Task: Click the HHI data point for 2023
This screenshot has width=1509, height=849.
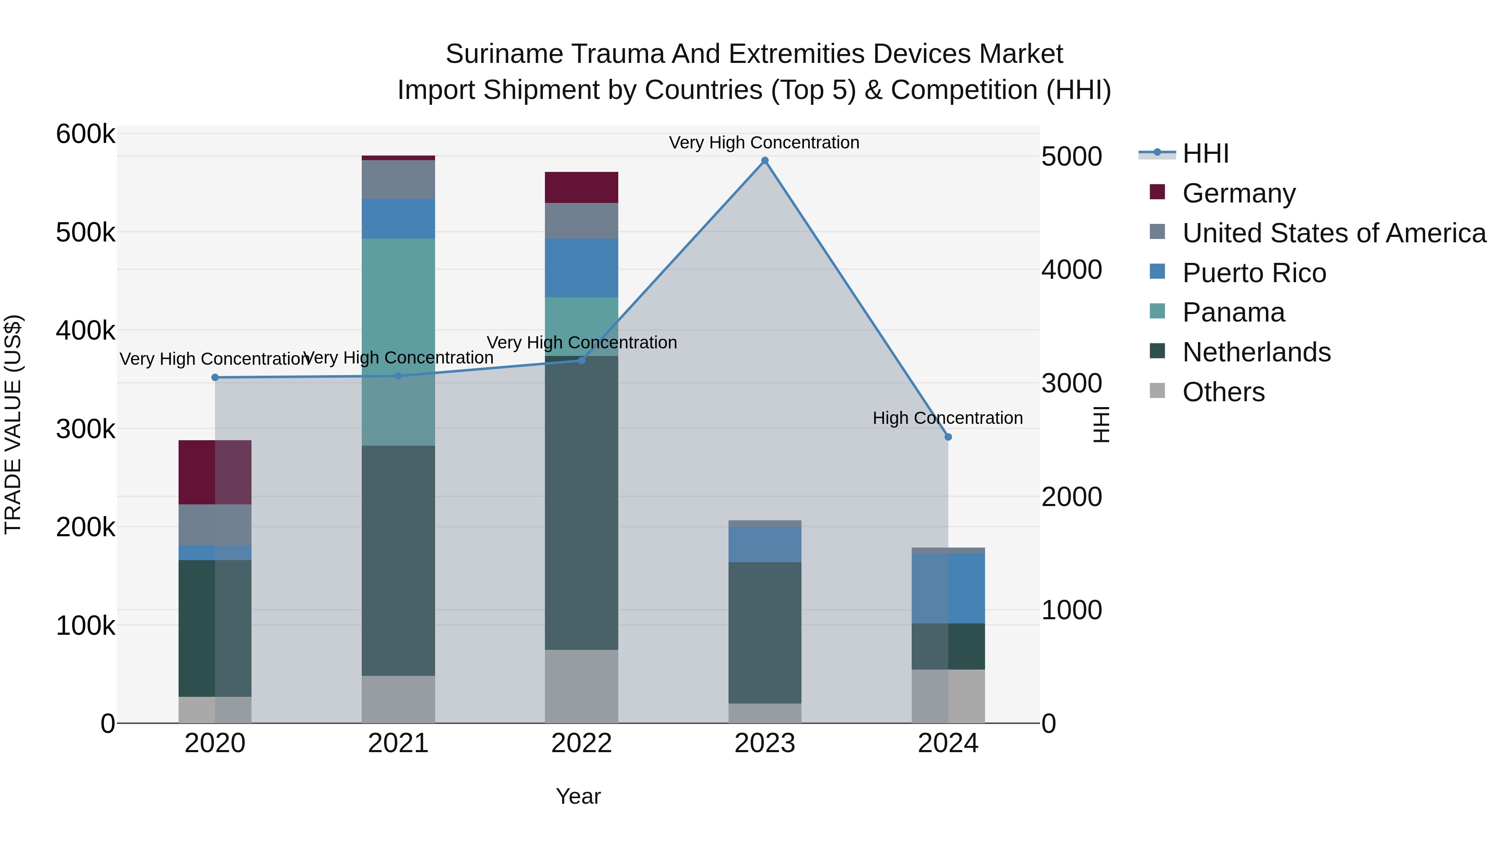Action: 765,161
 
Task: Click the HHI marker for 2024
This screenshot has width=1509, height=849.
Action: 948,437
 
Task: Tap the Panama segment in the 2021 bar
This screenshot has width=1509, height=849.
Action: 398,342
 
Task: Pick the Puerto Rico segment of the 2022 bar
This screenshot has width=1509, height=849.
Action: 581,268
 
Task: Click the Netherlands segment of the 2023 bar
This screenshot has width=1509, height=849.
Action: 765,633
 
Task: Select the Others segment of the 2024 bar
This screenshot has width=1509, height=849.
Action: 948,696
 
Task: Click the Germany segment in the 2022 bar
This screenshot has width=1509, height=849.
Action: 581,187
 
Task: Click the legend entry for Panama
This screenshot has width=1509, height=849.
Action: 1233,312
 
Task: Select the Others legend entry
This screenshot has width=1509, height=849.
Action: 1223,392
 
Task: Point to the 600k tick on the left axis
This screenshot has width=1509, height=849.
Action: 86,134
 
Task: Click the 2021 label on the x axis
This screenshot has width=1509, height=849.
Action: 398,743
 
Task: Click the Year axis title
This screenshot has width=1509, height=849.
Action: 578,796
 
